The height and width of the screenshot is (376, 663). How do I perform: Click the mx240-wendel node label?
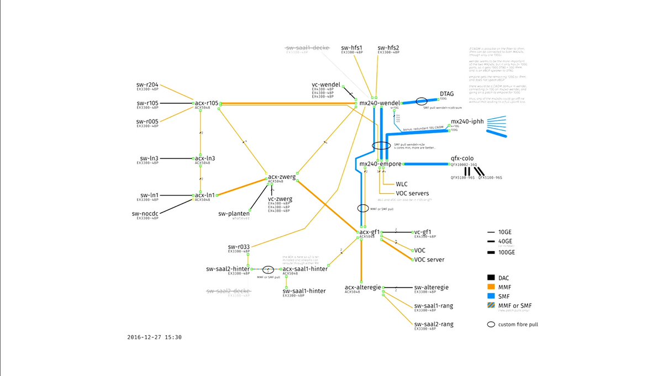click(x=379, y=103)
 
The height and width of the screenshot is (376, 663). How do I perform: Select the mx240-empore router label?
click(x=380, y=164)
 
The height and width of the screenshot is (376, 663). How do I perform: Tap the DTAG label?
click(x=446, y=94)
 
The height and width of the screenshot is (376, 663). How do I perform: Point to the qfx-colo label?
click(x=462, y=158)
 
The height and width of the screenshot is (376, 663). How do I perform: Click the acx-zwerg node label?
click(x=281, y=177)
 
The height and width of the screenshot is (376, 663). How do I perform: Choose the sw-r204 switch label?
click(x=148, y=85)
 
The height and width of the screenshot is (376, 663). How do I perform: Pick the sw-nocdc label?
click(x=145, y=213)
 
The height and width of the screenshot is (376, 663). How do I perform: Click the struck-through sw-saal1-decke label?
click(x=308, y=48)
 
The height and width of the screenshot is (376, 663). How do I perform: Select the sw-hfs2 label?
click(x=388, y=48)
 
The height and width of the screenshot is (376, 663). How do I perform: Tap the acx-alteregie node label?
click(x=363, y=287)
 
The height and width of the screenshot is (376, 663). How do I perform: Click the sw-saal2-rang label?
click(x=434, y=324)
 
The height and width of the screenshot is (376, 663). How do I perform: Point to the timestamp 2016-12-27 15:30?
click(x=154, y=337)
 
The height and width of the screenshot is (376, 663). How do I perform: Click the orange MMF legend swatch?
click(x=491, y=287)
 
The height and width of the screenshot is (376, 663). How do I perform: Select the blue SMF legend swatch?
click(x=491, y=296)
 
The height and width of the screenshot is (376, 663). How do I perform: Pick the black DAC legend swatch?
click(x=491, y=277)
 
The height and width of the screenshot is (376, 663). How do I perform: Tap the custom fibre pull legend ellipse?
click(x=491, y=324)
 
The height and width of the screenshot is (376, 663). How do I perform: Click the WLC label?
click(x=402, y=184)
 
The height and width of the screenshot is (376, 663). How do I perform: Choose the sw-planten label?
click(x=234, y=214)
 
